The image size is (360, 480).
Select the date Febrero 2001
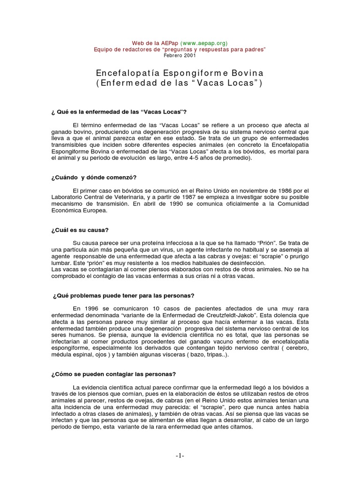[x=180, y=55]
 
